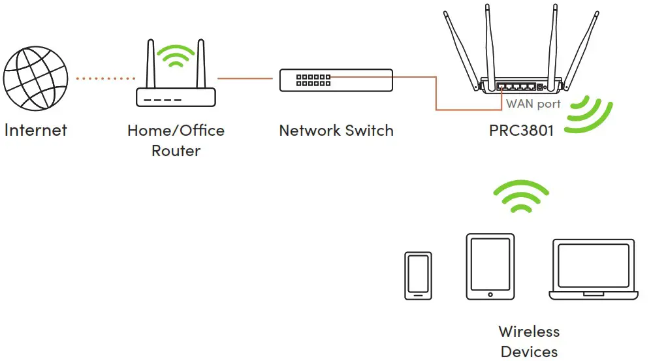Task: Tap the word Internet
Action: (x=35, y=129)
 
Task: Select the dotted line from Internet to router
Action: (x=104, y=78)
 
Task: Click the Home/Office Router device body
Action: (x=176, y=97)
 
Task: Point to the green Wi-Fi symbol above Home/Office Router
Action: (x=176, y=57)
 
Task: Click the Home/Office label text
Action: (x=176, y=130)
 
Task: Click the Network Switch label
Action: (x=336, y=130)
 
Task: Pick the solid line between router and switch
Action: (x=245, y=78)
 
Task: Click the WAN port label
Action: (x=533, y=104)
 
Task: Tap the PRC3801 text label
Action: (x=521, y=130)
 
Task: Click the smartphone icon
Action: (x=418, y=275)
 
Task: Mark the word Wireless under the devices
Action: (x=529, y=331)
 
